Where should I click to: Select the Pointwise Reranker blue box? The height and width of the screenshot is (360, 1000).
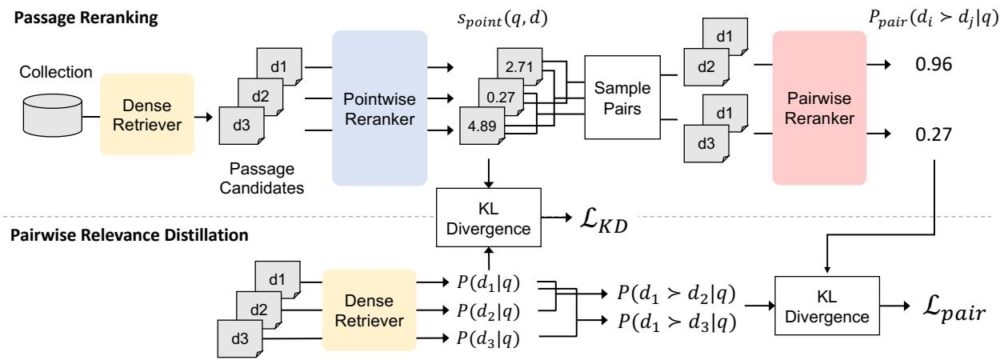pyautogui.click(x=375, y=109)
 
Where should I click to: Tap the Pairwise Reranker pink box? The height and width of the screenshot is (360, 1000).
pyautogui.click(x=820, y=109)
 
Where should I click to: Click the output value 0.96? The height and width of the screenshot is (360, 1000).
pyautogui.click(x=932, y=66)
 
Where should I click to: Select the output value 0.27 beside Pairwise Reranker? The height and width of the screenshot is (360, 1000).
pyautogui.click(x=932, y=134)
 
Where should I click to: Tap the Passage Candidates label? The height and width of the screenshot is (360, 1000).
pyautogui.click(x=264, y=181)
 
